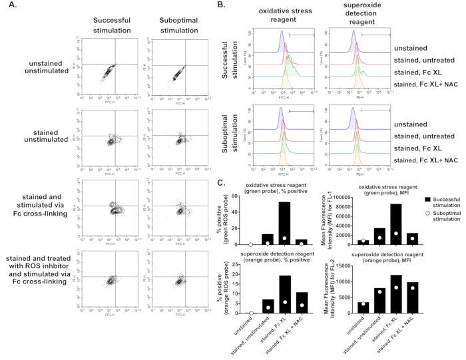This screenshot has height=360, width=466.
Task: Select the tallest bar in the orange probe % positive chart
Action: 302,294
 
